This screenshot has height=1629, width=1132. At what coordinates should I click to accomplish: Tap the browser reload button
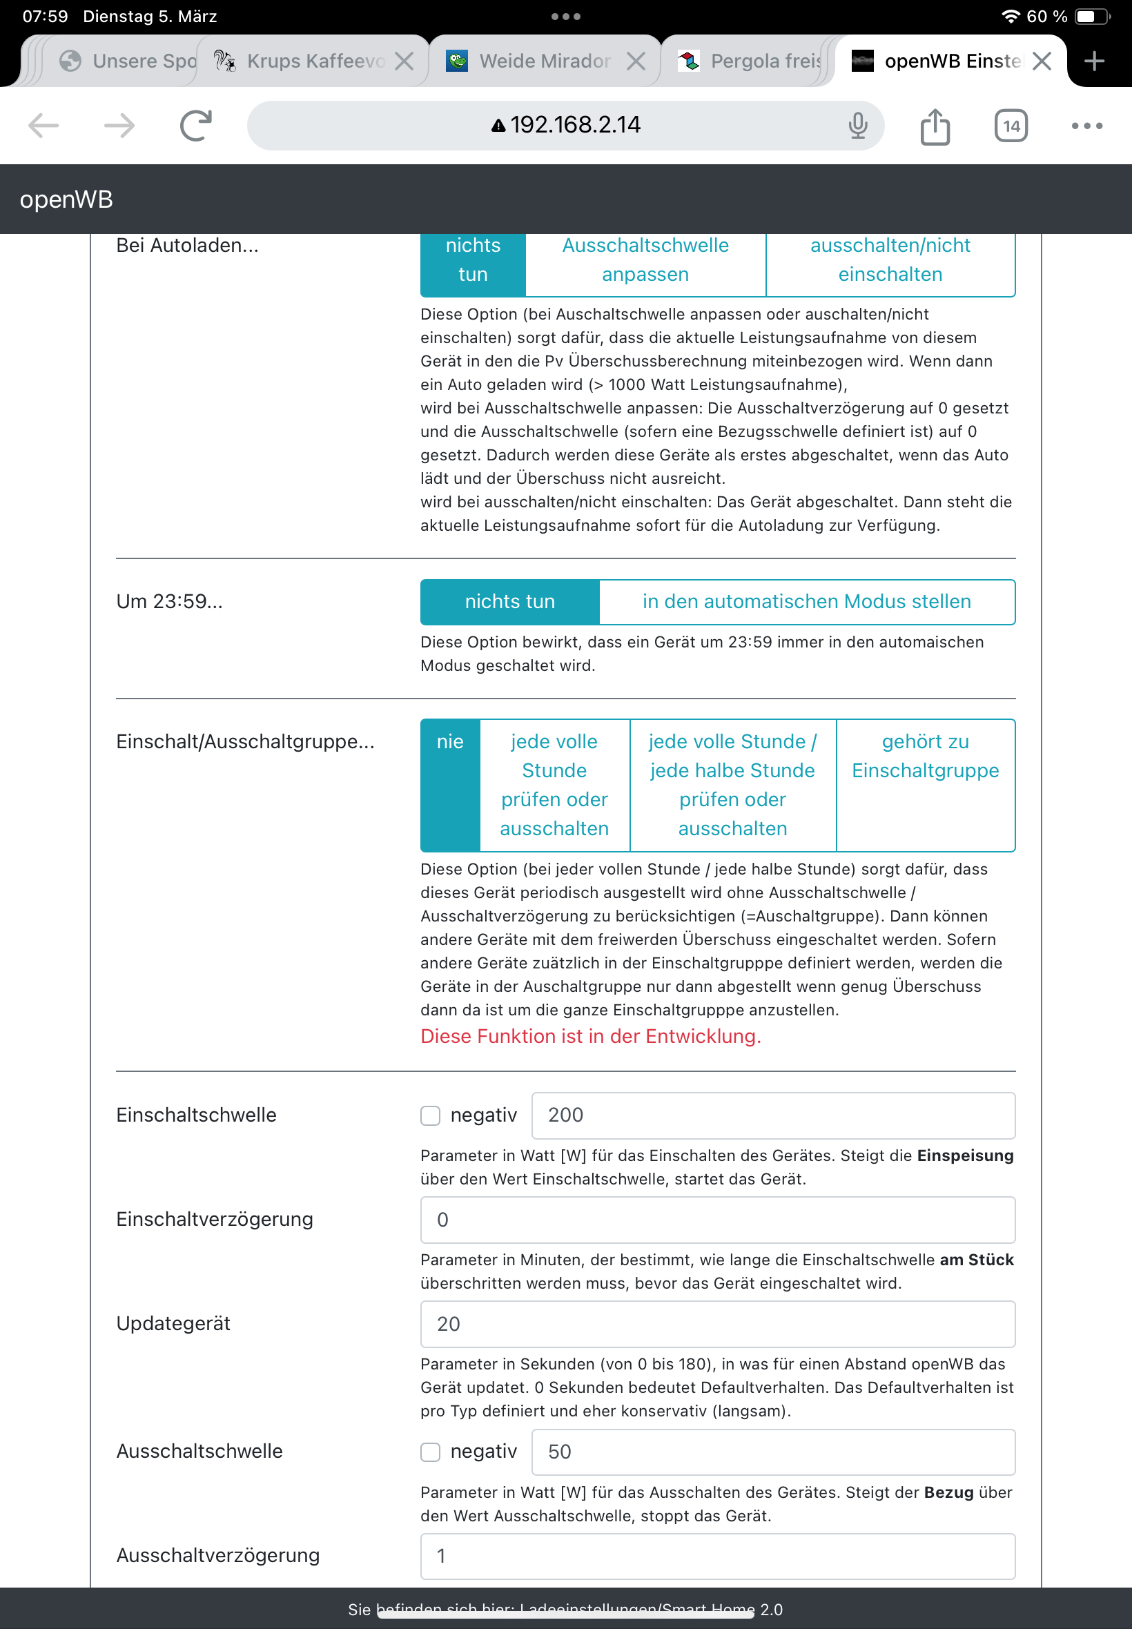(x=195, y=126)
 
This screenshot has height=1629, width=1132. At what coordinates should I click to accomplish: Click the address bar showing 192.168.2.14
(x=565, y=126)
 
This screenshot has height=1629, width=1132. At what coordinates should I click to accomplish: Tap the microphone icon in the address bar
(x=857, y=126)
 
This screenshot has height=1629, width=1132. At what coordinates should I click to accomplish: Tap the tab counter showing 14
(x=1010, y=126)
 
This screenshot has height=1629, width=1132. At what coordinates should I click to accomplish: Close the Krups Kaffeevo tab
(x=404, y=61)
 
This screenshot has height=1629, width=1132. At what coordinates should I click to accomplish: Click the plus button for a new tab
(x=1094, y=61)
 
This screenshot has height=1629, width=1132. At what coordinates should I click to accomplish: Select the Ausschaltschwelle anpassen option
(x=645, y=260)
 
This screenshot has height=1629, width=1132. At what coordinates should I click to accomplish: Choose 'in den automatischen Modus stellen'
(x=806, y=601)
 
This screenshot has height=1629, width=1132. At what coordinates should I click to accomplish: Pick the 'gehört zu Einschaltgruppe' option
(x=925, y=756)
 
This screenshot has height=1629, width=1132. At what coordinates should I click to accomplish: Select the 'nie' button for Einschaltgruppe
(x=449, y=742)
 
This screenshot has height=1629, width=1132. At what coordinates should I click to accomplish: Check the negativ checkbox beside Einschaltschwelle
(x=431, y=1115)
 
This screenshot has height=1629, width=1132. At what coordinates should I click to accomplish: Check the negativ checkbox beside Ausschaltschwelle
(x=431, y=1452)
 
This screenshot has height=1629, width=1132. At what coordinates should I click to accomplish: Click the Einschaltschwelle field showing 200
(x=772, y=1115)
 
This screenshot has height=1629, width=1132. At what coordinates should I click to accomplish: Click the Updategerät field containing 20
(x=717, y=1324)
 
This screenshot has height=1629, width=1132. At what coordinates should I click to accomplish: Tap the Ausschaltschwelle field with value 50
(x=772, y=1452)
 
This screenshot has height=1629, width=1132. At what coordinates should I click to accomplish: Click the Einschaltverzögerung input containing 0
(x=717, y=1220)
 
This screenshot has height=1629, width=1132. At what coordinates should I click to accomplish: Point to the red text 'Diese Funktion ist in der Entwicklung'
(x=590, y=1036)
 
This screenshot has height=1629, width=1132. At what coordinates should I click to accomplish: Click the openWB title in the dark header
(x=66, y=199)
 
